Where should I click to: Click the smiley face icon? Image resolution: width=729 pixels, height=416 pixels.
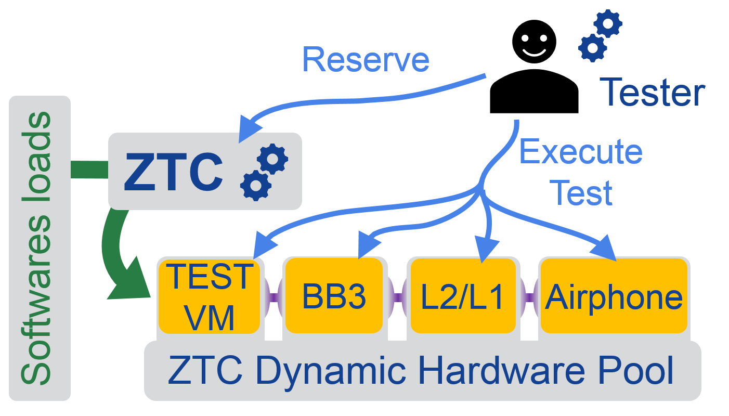click(x=533, y=42)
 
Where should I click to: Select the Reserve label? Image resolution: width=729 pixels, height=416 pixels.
click(x=366, y=59)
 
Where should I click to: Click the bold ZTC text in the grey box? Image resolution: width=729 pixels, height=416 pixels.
click(x=173, y=171)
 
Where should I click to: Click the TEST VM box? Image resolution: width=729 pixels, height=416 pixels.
click(x=209, y=296)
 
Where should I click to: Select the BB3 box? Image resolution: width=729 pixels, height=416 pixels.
click(x=334, y=296)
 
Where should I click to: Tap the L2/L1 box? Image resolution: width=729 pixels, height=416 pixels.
click(x=463, y=296)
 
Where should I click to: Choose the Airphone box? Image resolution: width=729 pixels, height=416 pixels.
click(x=614, y=296)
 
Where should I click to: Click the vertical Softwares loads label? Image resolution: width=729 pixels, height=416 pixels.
click(x=37, y=249)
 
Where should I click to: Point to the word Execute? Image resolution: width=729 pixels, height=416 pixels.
click(x=581, y=152)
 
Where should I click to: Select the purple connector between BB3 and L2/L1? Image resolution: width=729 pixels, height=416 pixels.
click(x=397, y=297)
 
